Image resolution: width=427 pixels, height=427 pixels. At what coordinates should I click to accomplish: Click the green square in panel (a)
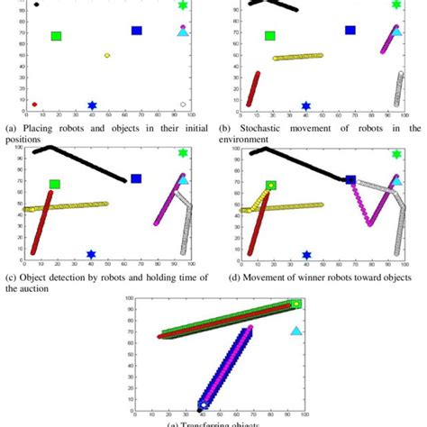click(x=56, y=37)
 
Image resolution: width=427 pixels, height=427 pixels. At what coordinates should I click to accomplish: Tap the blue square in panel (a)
click(x=137, y=31)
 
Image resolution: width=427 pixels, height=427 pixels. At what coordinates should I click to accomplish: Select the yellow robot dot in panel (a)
click(x=107, y=55)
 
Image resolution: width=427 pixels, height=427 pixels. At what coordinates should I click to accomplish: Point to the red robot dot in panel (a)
click(x=34, y=104)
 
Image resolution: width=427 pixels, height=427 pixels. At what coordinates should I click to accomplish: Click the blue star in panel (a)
click(x=92, y=105)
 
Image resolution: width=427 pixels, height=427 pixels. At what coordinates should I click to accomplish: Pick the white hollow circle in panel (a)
click(x=184, y=104)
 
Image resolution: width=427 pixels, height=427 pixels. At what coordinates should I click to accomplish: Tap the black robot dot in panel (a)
click(x=36, y=5)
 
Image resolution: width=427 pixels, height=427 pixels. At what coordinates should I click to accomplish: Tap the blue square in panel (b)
click(x=350, y=31)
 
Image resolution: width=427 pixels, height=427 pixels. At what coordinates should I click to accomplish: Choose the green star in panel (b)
click(x=397, y=5)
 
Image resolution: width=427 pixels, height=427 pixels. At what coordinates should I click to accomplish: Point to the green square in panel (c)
click(x=55, y=185)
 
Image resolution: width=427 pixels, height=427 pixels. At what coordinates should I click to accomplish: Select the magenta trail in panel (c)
click(x=170, y=199)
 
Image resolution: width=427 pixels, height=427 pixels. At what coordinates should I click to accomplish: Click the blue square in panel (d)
click(x=350, y=180)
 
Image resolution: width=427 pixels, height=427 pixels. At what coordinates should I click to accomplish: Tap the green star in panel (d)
click(x=397, y=154)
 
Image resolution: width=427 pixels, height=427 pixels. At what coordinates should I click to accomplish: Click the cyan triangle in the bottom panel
click(x=296, y=332)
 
